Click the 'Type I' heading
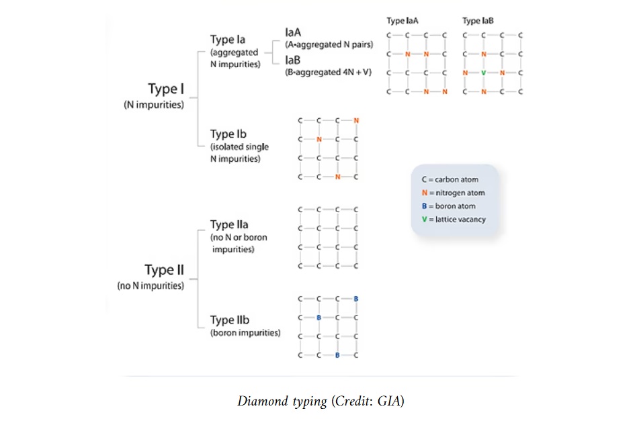pos(165,90)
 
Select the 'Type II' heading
pos(164,270)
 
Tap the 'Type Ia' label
pos(227,40)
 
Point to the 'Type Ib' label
pos(228,134)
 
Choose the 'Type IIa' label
pos(229,224)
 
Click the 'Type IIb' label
pos(230,320)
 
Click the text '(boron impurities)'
pos(245,333)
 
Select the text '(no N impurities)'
pos(151,286)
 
